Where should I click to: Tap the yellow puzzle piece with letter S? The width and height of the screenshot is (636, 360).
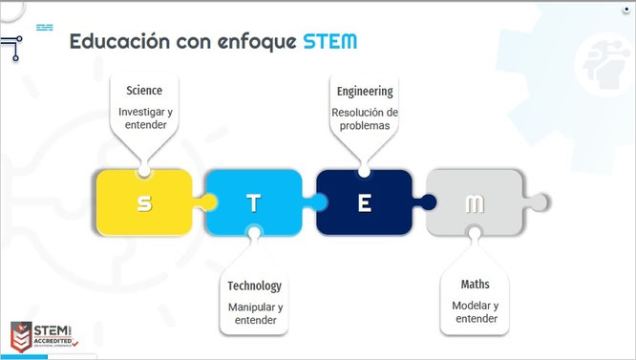point(143,202)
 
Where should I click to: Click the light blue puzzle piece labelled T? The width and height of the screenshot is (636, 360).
point(252,202)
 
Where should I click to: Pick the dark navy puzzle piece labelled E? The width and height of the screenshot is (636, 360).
point(364,202)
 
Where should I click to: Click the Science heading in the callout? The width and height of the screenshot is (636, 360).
point(144,91)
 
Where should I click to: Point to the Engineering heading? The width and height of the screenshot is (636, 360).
point(365,92)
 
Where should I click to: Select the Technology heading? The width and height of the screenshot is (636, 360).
point(255,286)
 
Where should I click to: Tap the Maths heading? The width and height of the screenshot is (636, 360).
point(475,285)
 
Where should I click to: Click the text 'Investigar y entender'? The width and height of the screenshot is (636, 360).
point(144,118)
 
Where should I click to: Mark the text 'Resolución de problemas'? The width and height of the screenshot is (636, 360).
point(365,119)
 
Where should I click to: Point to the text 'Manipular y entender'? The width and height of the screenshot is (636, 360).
point(255,313)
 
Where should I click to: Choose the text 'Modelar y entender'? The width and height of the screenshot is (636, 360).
point(476,311)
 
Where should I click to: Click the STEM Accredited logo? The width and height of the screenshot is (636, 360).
point(44,334)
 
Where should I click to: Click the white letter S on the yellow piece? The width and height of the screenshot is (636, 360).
point(143,202)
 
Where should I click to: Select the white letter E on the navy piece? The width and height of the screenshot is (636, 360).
point(364,202)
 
